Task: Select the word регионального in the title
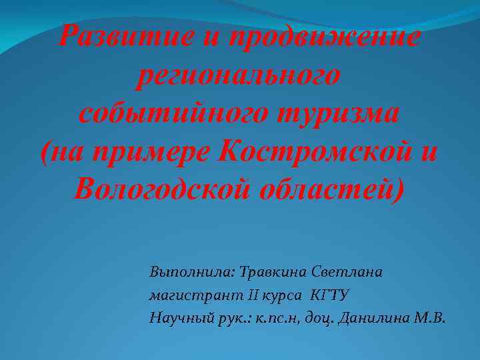coord(239,76)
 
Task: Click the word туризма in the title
coord(329,114)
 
